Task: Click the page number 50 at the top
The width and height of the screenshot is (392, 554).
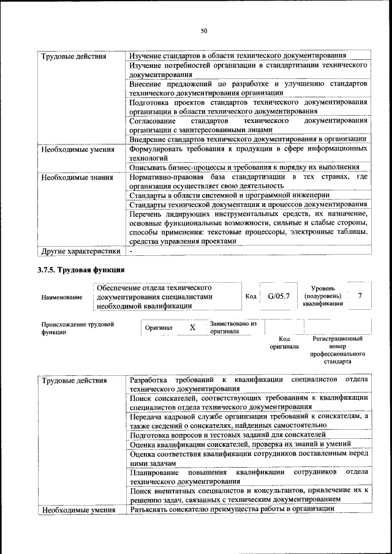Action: [x=204, y=31]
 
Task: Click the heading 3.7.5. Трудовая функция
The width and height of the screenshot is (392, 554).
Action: [x=83, y=269]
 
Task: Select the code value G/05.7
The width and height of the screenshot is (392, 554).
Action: [x=279, y=296]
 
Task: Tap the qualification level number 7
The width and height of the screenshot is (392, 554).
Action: [x=360, y=296]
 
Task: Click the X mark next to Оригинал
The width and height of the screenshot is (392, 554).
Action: [x=192, y=328]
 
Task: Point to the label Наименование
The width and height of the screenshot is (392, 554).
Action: [x=62, y=298]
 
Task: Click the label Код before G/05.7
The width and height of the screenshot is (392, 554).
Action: [x=251, y=296]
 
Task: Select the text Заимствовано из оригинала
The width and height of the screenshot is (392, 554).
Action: [x=233, y=327]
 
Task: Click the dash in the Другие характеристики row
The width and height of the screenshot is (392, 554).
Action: [x=131, y=251]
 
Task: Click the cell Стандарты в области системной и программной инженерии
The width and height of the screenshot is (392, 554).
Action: [x=229, y=195]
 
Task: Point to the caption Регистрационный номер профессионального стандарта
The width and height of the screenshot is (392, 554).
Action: [x=337, y=350]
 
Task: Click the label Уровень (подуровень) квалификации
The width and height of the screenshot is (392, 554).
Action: [x=322, y=296]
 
